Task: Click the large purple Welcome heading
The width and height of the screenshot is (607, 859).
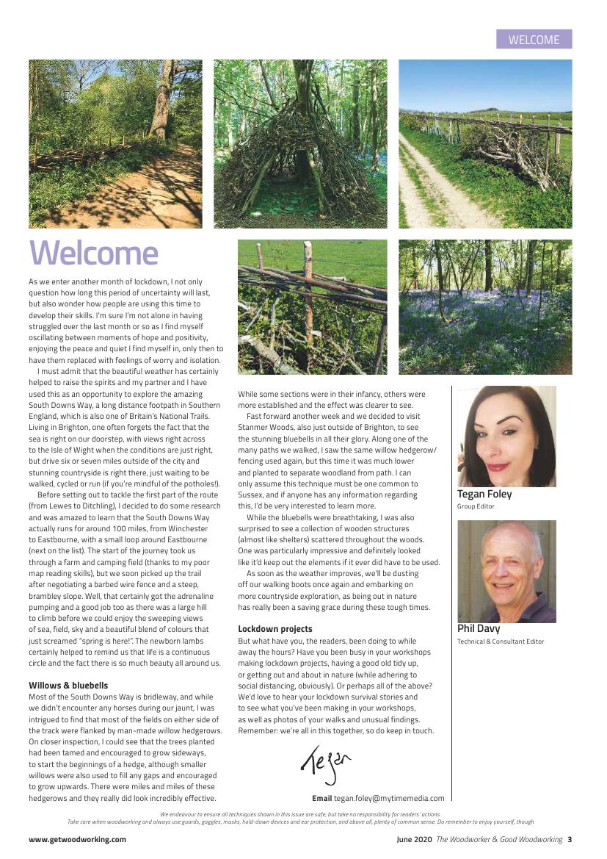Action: tap(93, 254)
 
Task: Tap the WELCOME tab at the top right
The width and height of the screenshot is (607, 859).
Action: tap(534, 40)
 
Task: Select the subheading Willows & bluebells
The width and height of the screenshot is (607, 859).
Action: tap(68, 686)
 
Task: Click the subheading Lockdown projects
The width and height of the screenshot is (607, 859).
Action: tap(275, 629)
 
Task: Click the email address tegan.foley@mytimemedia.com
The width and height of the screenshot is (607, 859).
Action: tap(389, 798)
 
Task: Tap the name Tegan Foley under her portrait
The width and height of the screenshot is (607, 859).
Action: tap(484, 494)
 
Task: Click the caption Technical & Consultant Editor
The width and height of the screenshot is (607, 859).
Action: tap(501, 641)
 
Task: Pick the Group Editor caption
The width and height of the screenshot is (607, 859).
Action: tap(476, 506)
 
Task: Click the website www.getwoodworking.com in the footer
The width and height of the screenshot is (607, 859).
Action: tap(77, 839)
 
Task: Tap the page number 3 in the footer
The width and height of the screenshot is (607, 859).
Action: tap(570, 839)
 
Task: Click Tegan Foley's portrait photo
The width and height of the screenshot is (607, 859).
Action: tap(506, 436)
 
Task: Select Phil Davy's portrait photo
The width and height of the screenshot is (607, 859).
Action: tap(506, 572)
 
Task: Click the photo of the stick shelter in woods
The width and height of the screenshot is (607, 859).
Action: tap(300, 144)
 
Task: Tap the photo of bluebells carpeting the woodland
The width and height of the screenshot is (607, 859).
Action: tap(485, 307)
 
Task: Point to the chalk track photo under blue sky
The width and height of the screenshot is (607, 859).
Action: tap(485, 144)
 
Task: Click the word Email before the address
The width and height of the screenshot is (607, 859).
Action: tap(321, 798)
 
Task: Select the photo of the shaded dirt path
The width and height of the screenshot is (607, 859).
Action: tap(115, 144)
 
